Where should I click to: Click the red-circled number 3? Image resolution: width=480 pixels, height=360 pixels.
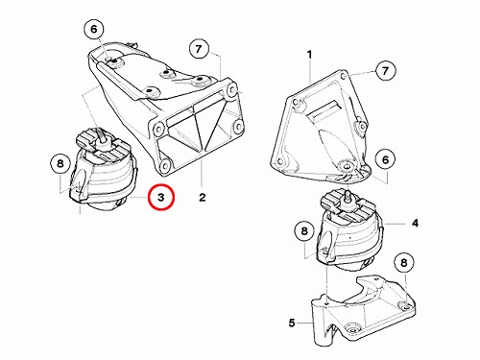click(x=160, y=197)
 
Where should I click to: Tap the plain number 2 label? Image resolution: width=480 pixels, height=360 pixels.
click(x=202, y=198)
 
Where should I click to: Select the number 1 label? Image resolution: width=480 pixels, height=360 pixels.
click(x=309, y=55)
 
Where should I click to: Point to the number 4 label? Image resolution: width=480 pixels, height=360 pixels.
click(x=415, y=223)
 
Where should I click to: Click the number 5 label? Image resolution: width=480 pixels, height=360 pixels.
click(x=292, y=323)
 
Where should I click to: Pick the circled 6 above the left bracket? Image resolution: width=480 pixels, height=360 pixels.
click(x=94, y=29)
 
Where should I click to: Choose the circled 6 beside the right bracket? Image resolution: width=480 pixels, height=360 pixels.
click(x=385, y=159)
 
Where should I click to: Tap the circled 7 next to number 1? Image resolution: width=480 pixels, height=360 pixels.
click(x=385, y=70)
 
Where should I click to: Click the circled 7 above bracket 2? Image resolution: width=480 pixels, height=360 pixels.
click(x=199, y=49)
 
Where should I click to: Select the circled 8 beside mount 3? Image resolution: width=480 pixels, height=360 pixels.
click(x=60, y=164)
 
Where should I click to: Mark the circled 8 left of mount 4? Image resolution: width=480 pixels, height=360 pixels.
click(x=304, y=230)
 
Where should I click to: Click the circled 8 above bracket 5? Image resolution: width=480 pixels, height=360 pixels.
click(x=404, y=263)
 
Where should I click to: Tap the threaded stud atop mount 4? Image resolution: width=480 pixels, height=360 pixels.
click(x=347, y=197)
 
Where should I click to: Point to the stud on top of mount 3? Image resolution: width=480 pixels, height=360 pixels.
click(x=102, y=136)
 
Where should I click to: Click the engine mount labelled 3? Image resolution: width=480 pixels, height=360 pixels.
click(x=105, y=170)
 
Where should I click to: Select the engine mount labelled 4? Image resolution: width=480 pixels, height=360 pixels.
click(x=349, y=231)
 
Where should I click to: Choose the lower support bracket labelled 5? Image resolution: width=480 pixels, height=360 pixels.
click(x=363, y=312)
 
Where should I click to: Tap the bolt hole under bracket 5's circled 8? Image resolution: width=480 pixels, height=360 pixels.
click(x=406, y=307)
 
